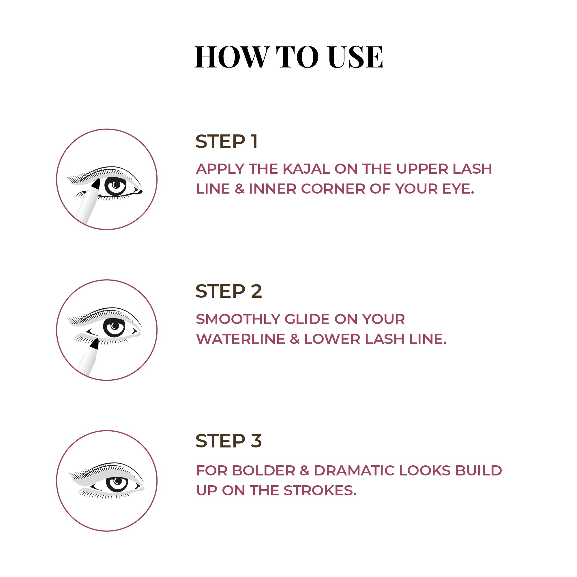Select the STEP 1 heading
[226, 141]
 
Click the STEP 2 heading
[228, 291]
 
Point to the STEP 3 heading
[228, 441]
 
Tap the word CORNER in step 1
[333, 188]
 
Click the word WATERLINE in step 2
[241, 339]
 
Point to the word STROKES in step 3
[320, 490]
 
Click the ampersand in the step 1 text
[239, 189]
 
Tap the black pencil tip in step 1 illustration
[96, 184]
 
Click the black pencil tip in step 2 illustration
[94, 344]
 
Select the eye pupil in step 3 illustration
[117, 482]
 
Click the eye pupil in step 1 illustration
[116, 186]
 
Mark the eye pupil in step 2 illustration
[114, 328]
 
